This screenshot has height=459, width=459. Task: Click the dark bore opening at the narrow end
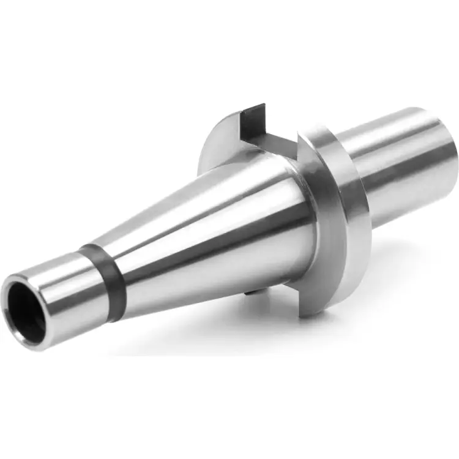[26, 313]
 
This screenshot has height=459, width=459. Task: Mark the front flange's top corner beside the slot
[306, 132]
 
